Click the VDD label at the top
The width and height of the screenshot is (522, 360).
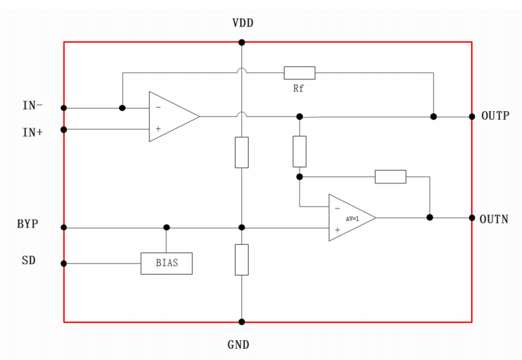pos(243,23)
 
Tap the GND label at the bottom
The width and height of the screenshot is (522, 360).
pos(238,344)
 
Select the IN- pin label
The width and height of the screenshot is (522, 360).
pos(32,106)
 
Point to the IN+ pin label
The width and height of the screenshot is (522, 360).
pos(32,132)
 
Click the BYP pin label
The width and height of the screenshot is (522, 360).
pos(28,224)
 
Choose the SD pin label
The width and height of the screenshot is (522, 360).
pos(28,260)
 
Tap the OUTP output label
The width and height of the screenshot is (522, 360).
pos(496,116)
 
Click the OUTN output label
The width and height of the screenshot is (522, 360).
pos(494,219)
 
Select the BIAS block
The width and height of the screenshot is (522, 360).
pos(167,263)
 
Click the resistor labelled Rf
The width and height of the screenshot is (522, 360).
pos(300,73)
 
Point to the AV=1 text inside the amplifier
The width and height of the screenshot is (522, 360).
pos(352,219)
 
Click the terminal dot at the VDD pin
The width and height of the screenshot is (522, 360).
pos(241,42)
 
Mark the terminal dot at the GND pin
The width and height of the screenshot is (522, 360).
pos(241,322)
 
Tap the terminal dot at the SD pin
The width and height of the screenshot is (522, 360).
pos(64,263)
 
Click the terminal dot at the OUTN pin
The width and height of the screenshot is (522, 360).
pos(472,218)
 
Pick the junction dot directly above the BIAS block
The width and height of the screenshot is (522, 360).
pos(167,228)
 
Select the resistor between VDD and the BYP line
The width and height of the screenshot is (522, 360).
pos(241,152)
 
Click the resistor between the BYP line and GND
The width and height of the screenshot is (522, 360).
pos(241,260)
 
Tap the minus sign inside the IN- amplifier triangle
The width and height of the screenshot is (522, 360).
pos(159,107)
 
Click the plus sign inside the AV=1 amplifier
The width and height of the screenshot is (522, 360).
pos(337,230)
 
